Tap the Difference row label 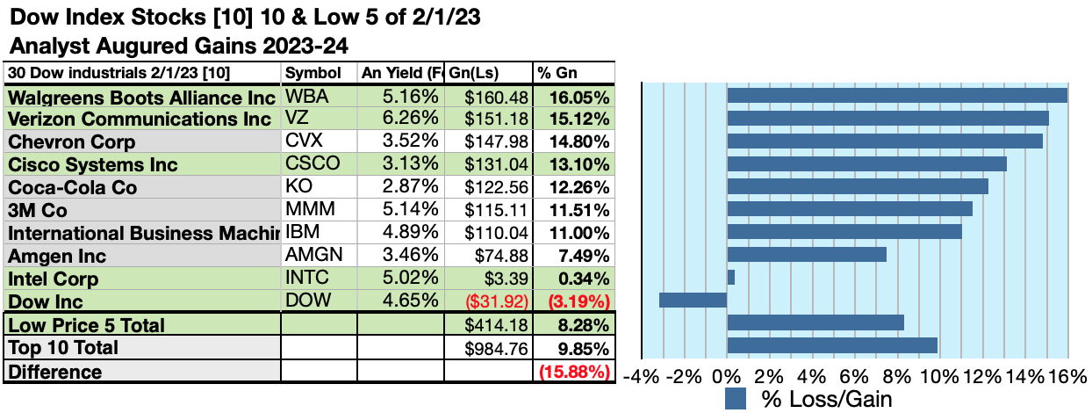[55, 372]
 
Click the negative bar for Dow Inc [693, 300]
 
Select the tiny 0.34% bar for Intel [730, 277]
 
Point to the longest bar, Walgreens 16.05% [896, 95]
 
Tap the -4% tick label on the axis [642, 376]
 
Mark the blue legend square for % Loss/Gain [736, 400]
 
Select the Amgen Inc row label [57, 256]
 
